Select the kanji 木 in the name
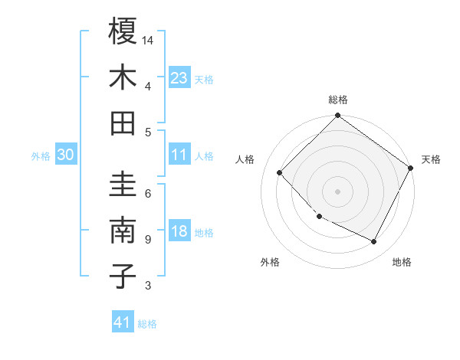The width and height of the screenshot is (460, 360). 123,77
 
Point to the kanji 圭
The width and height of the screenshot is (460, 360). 123,185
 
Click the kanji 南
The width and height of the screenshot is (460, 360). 123,231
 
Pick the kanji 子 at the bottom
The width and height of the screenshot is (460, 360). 123,277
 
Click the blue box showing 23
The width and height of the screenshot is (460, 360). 179,78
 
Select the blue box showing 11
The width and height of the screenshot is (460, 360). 179,155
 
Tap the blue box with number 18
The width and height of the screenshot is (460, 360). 179,232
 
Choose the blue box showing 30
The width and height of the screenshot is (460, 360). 65,155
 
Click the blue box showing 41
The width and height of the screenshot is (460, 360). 123,322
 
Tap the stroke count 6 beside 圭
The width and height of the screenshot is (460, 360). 147,194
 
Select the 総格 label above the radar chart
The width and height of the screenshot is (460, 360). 338,100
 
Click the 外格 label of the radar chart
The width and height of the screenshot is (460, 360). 270,262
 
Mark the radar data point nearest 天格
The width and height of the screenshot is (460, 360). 411,169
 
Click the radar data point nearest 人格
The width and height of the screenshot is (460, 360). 280,173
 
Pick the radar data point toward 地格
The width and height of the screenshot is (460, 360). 374,242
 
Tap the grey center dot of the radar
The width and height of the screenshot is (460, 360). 337,191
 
